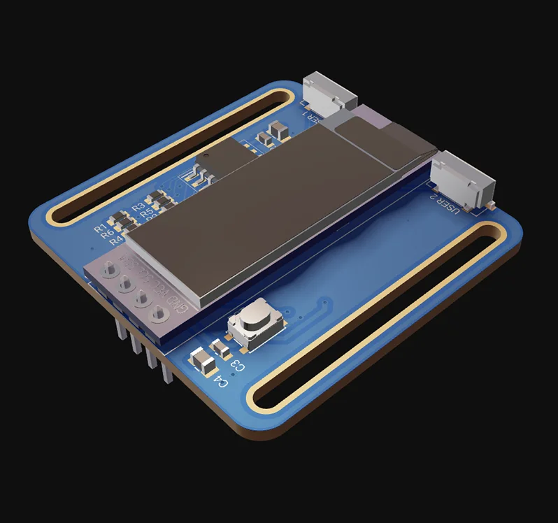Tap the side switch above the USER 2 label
(x=462, y=179)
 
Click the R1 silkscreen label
(x=101, y=228)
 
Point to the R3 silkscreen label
(x=138, y=206)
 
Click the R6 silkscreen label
(x=108, y=235)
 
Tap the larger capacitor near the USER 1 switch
(x=280, y=128)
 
